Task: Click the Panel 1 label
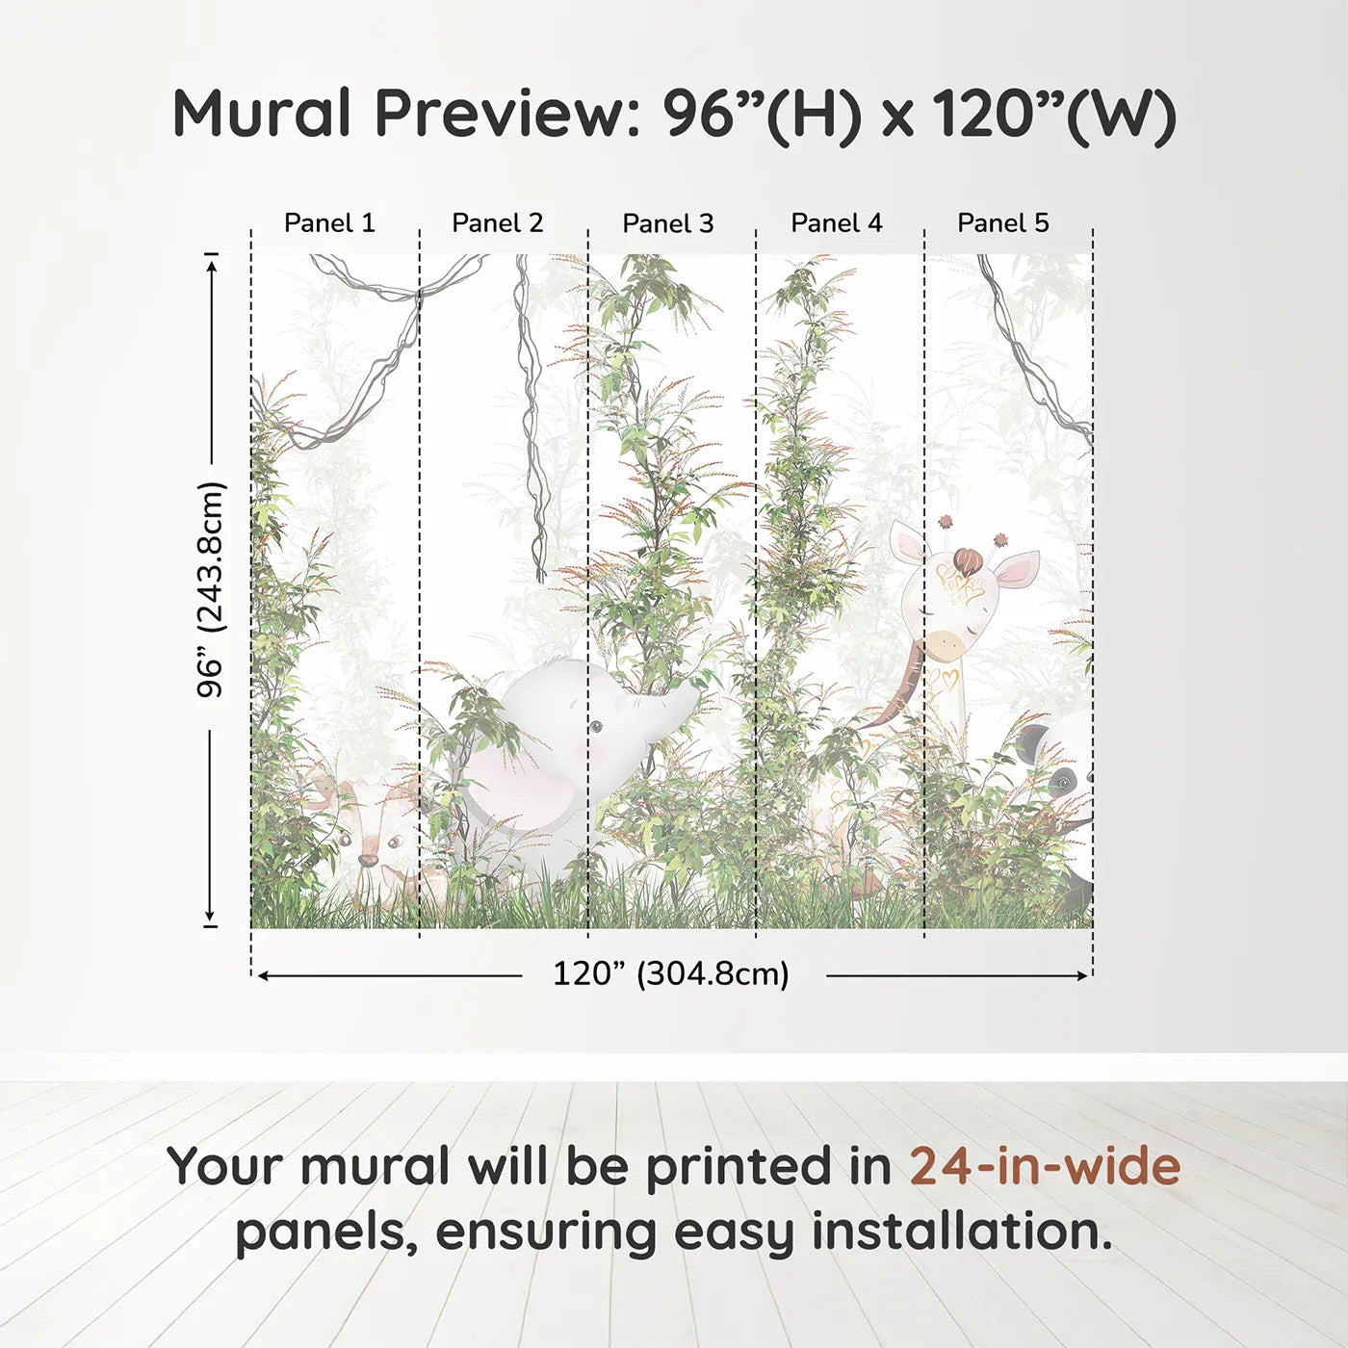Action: [x=328, y=223]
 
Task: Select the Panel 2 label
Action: [x=497, y=223]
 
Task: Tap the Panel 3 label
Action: [x=667, y=223]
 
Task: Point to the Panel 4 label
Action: [x=836, y=223]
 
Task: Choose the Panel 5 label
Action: [x=1002, y=223]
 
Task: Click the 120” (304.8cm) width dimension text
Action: [x=670, y=974]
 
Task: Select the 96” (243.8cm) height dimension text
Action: [x=210, y=589]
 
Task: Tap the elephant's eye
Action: [x=597, y=727]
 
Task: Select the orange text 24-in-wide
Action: [x=1045, y=1167]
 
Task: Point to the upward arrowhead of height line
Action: [x=211, y=263]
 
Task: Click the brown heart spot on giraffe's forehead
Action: [x=967, y=560]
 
